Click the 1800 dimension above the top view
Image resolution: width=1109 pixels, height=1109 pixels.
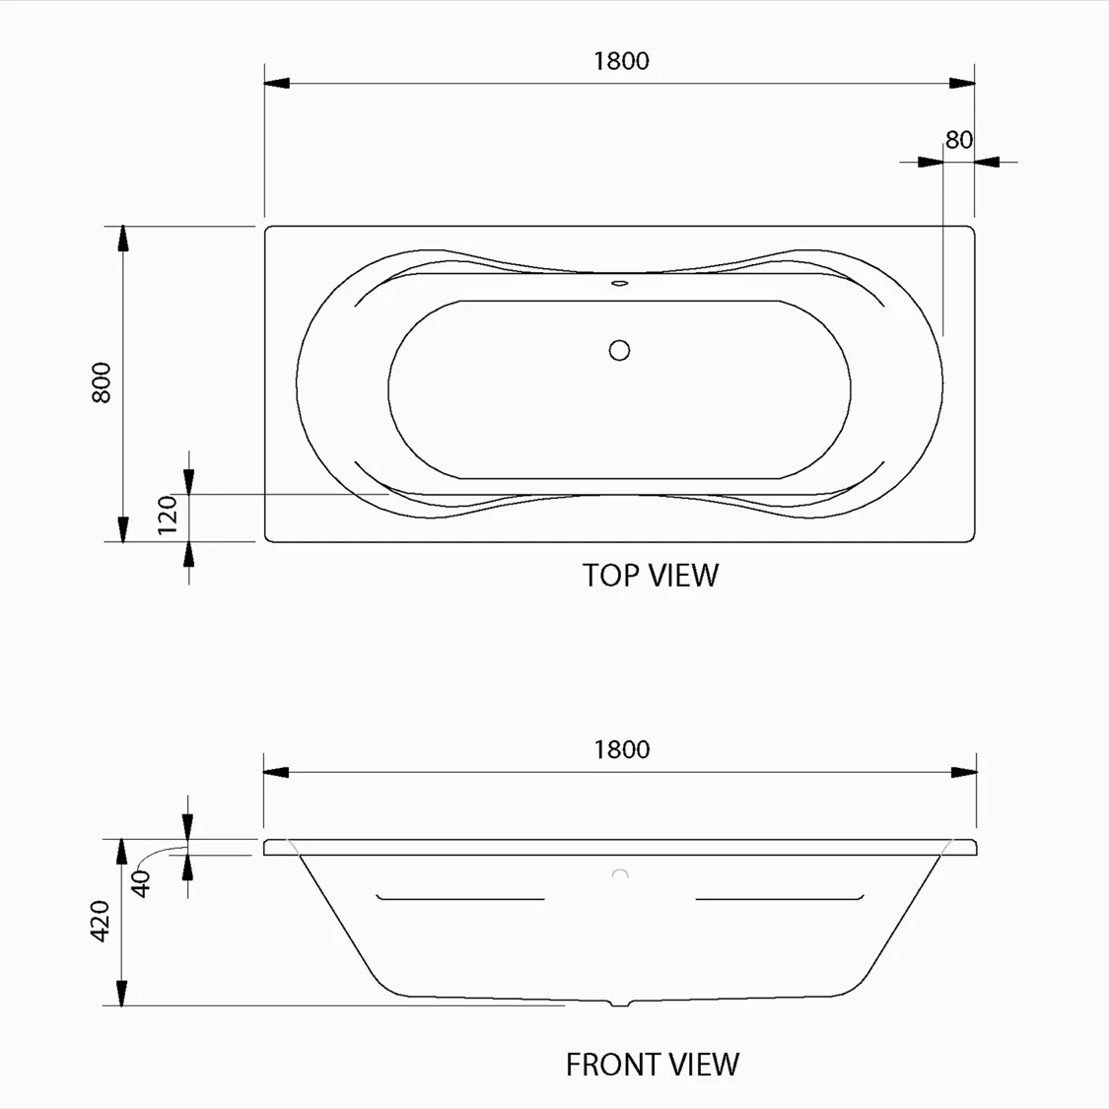621,61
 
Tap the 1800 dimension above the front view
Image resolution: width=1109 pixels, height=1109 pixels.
622,750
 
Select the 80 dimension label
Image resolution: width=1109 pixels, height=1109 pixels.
959,140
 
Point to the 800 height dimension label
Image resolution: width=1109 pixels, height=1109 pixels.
102,382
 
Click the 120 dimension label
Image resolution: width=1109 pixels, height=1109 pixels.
168,515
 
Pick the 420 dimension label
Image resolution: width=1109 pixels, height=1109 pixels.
101,921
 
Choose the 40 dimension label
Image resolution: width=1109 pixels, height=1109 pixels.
141,884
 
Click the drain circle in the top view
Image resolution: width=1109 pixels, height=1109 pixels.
620,350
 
